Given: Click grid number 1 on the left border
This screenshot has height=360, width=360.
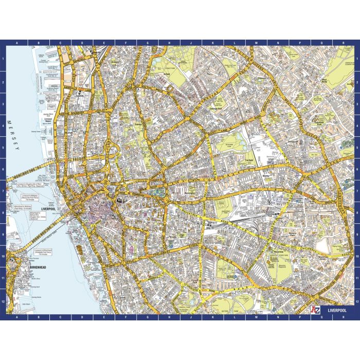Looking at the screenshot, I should [x=3, y=58].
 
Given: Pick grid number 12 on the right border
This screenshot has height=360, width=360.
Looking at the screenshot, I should [x=357, y=301].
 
